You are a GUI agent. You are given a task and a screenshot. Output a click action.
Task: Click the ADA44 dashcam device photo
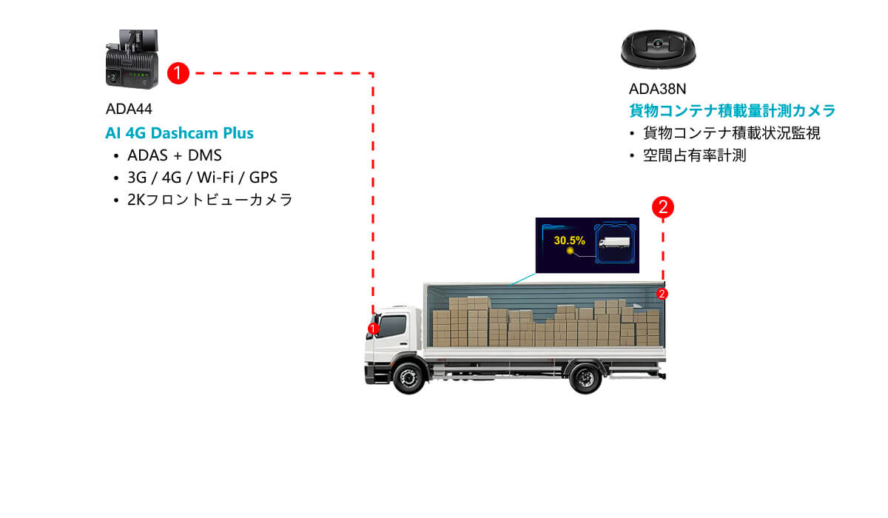(132, 59)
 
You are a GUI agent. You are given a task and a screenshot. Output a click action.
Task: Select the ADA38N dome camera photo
(658, 49)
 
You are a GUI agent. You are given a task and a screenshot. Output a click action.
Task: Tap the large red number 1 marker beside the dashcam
(178, 73)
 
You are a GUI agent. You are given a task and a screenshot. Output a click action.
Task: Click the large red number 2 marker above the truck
(663, 207)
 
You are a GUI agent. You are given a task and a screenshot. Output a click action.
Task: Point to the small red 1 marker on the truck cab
(373, 329)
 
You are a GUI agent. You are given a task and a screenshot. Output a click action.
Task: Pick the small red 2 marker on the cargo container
(662, 294)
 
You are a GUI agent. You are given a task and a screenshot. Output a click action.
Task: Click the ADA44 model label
(129, 109)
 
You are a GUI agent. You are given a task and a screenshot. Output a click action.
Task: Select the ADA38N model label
(657, 90)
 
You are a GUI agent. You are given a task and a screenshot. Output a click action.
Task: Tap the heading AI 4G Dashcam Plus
(179, 133)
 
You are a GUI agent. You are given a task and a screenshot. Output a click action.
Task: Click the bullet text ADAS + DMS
(175, 155)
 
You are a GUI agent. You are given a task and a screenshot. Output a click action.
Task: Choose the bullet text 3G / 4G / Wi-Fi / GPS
(202, 178)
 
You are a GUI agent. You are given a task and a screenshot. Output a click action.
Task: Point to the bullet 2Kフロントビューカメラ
(209, 200)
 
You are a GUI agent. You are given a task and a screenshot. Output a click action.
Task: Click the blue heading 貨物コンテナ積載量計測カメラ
(732, 110)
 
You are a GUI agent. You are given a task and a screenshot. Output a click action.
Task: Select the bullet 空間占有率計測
(695, 155)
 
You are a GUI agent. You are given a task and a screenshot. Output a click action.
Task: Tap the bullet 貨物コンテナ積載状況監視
(731, 133)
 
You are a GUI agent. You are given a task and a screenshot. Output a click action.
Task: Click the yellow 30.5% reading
(569, 240)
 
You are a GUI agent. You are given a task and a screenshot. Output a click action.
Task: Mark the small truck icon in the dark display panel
(614, 243)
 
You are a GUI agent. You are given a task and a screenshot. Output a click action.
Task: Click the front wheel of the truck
(408, 377)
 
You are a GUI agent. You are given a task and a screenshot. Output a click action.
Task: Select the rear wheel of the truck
(585, 377)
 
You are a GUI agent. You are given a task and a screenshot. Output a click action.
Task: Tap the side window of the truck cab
(392, 326)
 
